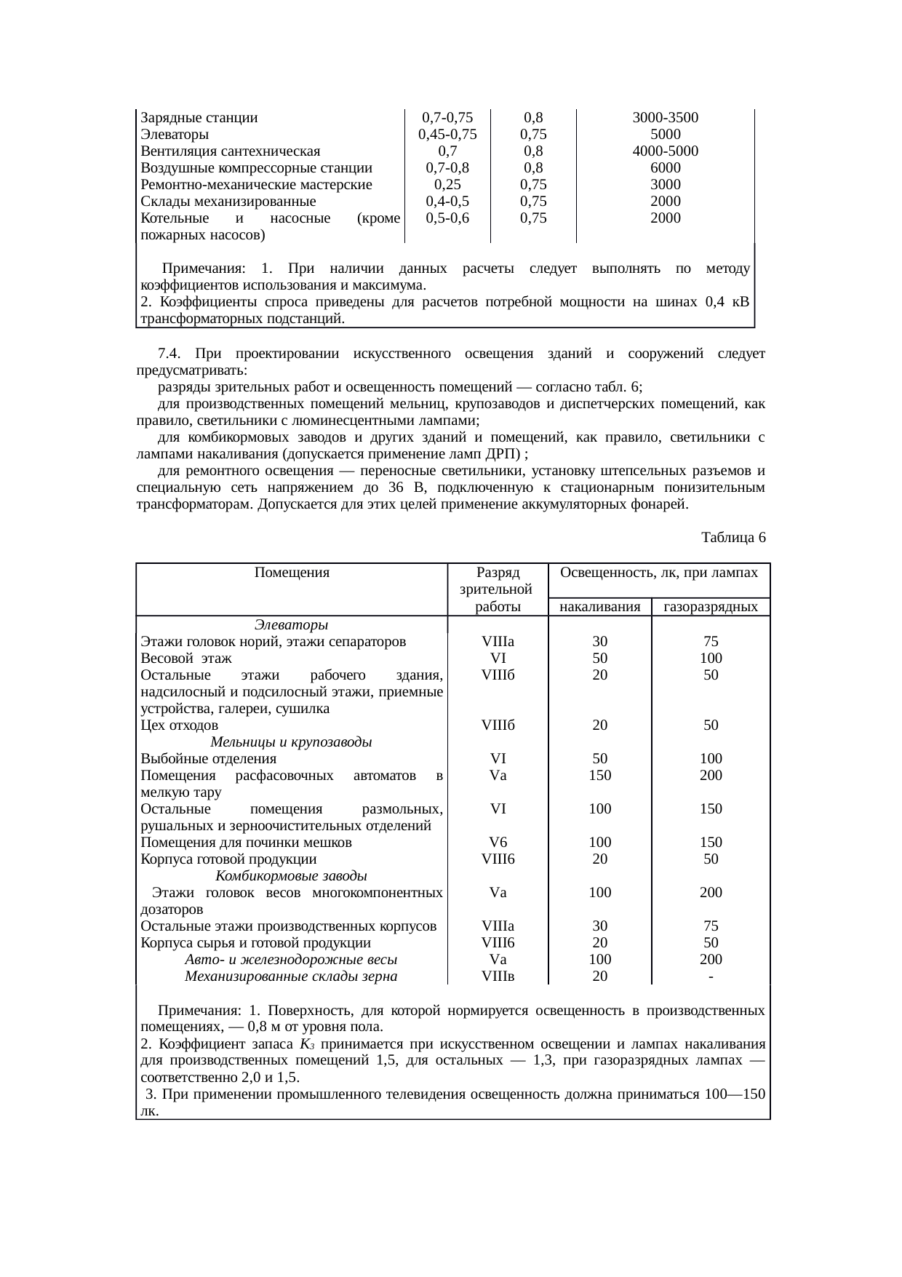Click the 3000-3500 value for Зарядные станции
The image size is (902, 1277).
tap(665, 118)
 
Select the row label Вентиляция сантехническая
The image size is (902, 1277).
tap(231, 151)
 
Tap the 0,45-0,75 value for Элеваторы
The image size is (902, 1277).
tap(447, 135)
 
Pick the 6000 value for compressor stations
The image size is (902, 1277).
tap(665, 168)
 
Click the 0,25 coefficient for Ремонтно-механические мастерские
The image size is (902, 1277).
tap(447, 185)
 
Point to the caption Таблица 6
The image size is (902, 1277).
tap(733, 538)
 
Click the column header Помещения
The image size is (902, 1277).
tap(292, 573)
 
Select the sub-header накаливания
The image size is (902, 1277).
tap(599, 607)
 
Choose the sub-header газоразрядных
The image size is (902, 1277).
tap(711, 607)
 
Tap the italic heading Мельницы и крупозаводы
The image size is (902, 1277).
tap(291, 742)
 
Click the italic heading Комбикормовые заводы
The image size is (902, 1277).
tap(291, 875)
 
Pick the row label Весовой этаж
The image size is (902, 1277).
tap(186, 659)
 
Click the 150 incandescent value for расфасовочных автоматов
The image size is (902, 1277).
tap(599, 776)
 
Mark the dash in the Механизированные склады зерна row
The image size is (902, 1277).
tap(711, 976)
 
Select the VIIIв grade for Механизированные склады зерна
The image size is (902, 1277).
tap(498, 976)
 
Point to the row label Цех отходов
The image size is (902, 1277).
tap(179, 725)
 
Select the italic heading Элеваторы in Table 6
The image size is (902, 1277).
tap(291, 625)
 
